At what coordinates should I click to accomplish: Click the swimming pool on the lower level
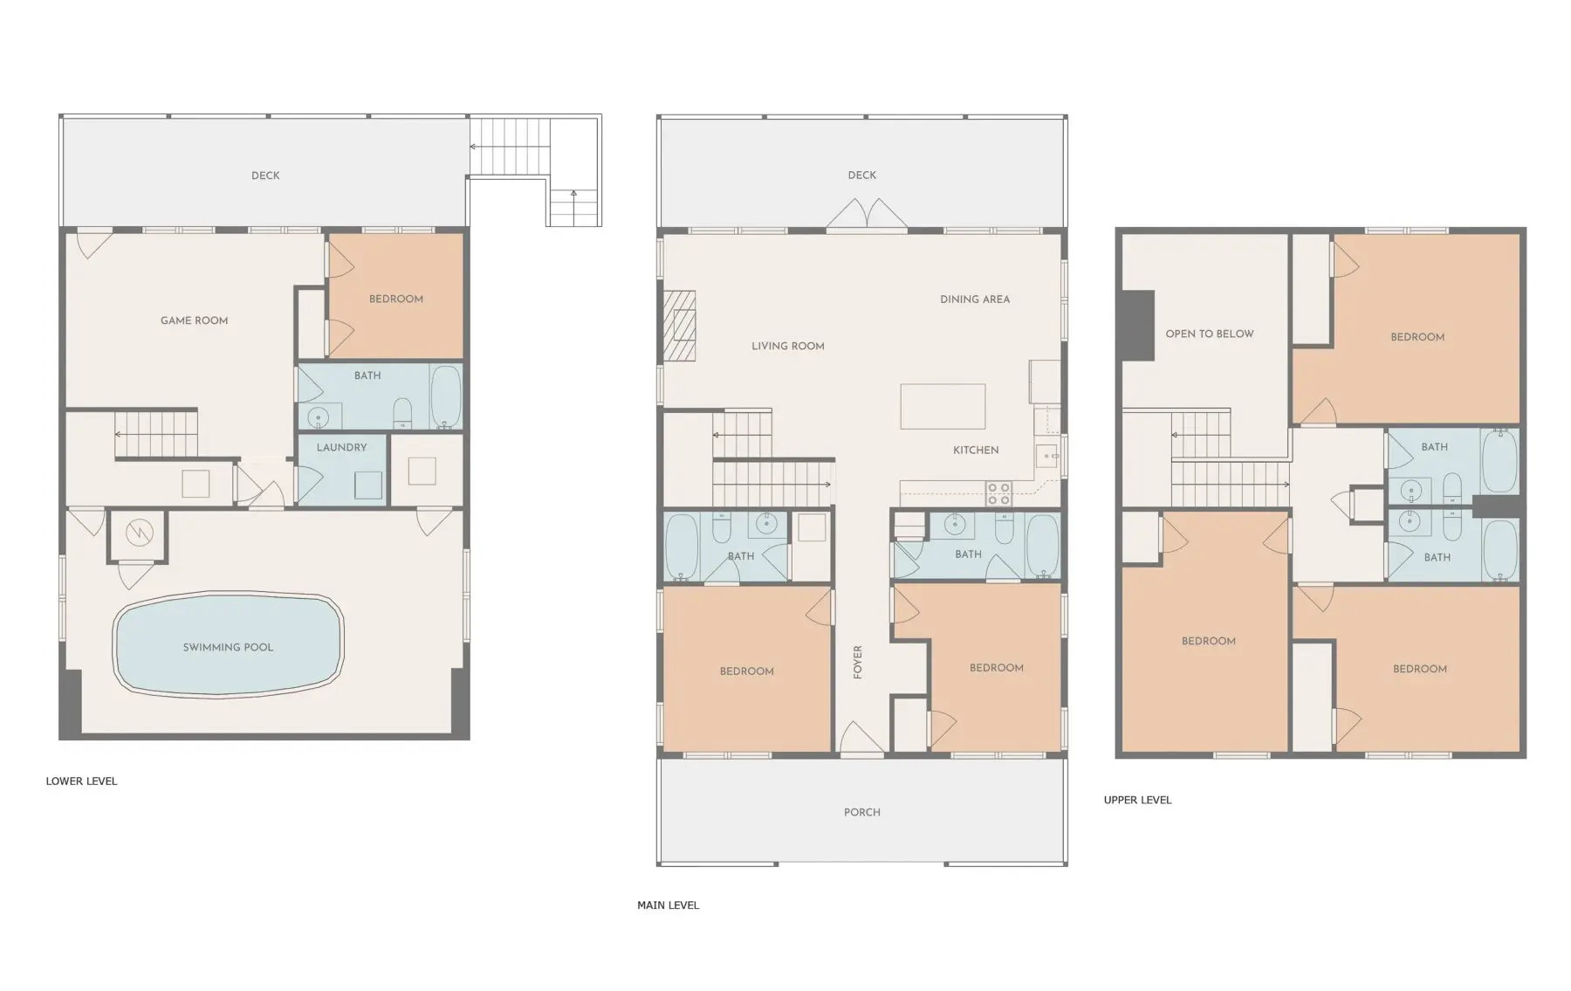[x=228, y=645]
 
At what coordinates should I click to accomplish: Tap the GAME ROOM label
[x=194, y=320]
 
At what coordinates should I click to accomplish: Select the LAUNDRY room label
[x=341, y=447]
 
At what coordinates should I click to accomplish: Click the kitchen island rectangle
[x=943, y=406]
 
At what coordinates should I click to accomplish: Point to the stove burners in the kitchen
[x=998, y=493]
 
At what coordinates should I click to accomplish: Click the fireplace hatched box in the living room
[x=679, y=326]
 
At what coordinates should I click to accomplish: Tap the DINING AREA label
[x=975, y=299]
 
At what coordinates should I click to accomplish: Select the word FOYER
[x=858, y=663]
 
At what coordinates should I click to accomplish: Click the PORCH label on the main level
[x=862, y=812]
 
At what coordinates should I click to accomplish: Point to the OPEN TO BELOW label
[x=1210, y=334]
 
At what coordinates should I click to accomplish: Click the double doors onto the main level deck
[x=867, y=215]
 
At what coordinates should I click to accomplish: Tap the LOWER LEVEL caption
[x=81, y=781]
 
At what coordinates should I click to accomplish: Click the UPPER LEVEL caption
[x=1137, y=800]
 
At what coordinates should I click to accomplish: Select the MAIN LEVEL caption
[x=668, y=905]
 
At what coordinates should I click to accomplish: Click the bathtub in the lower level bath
[x=446, y=396]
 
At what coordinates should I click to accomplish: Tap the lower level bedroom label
[x=396, y=299]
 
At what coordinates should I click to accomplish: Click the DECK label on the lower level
[x=265, y=175]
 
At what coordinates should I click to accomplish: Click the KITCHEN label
[x=976, y=450]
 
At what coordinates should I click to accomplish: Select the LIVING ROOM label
[x=788, y=347]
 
